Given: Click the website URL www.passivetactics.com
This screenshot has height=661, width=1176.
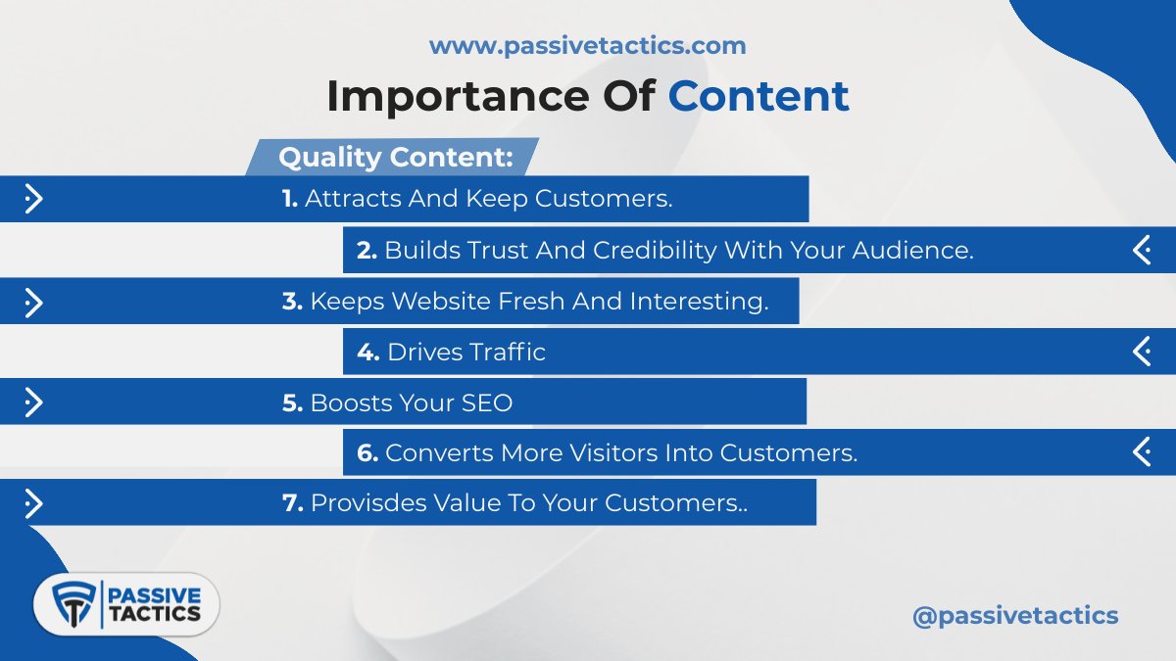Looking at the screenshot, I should pyautogui.click(x=587, y=45).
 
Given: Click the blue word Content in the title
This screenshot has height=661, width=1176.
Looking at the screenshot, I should pyautogui.click(x=759, y=96).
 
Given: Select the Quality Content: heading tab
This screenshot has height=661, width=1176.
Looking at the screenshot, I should pyautogui.click(x=395, y=157).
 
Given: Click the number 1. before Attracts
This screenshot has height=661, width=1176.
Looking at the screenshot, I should pyautogui.click(x=290, y=199).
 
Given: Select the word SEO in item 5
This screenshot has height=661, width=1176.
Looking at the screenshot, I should pyautogui.click(x=487, y=402).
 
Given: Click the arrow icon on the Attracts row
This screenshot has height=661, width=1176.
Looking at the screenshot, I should pyautogui.click(x=33, y=199).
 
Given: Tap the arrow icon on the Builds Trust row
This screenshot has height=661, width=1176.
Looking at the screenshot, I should pyautogui.click(x=1142, y=250).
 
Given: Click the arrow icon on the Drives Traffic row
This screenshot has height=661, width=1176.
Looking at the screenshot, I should pyautogui.click(x=1142, y=352).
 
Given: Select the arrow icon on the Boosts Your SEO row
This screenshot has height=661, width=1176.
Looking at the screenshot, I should pyautogui.click(x=33, y=402).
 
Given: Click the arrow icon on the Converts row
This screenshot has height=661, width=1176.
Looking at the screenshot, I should pyautogui.click(x=1142, y=452).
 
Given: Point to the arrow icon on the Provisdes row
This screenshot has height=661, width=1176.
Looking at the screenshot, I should pyautogui.click(x=33, y=503).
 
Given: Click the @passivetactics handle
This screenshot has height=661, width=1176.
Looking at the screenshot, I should pyautogui.click(x=1014, y=616).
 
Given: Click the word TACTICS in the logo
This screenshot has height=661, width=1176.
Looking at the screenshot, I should pyautogui.click(x=155, y=615).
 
